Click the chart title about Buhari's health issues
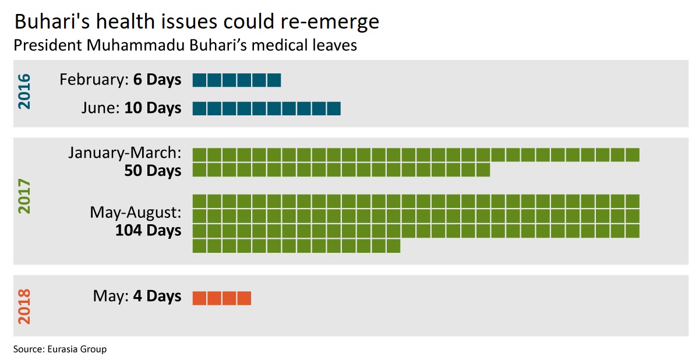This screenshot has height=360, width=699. click(196, 22)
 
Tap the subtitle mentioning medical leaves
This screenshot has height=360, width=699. click(185, 45)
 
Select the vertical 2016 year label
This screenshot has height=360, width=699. click(24, 91)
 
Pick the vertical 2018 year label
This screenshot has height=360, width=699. click(24, 306)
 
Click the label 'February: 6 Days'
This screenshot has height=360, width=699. click(120, 80)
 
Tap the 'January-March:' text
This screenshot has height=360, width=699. click(125, 153)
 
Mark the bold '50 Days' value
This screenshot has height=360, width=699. click(153, 171)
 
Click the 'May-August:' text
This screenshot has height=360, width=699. click(135, 213)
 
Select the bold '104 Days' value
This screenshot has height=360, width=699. click(148, 230)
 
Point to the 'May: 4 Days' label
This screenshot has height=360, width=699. click(137, 296)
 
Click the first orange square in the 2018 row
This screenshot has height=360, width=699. click(200, 298)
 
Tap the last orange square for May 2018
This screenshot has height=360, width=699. click(244, 298)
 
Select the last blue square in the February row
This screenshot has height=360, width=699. click(274, 80)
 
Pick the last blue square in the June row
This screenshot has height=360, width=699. click(333, 108)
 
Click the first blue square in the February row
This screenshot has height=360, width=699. click(200, 80)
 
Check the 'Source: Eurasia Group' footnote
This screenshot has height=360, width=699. click(60, 349)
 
